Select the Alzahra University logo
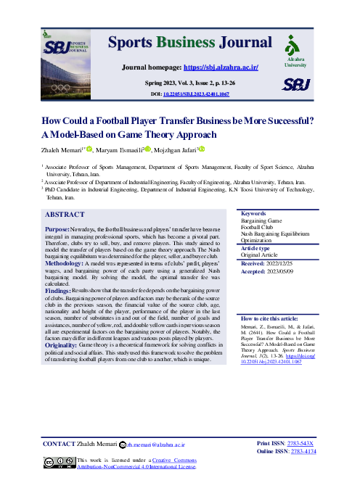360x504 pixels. pos(295,51)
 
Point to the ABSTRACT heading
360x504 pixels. pos(65,194)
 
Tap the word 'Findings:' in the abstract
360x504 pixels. pos(62,271)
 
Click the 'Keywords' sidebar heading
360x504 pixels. pos(253,194)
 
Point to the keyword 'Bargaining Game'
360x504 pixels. pos(262,200)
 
